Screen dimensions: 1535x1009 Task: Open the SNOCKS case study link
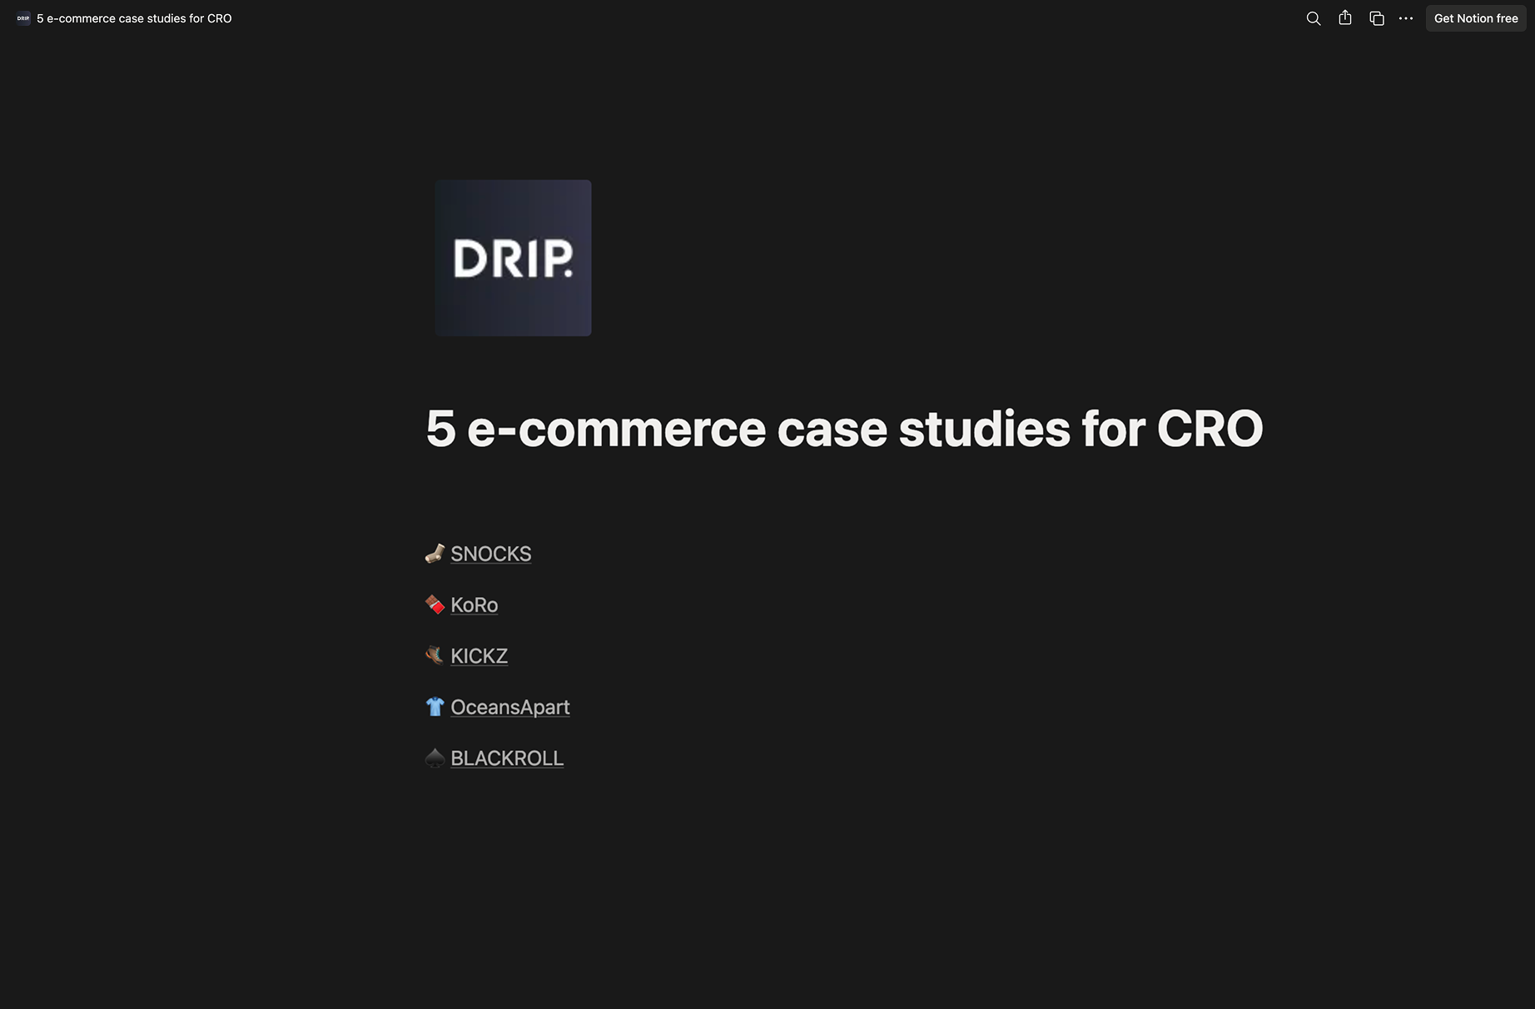tap(490, 554)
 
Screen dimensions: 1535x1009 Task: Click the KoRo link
tap(474, 604)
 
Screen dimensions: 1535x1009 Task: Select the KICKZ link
tap(479, 656)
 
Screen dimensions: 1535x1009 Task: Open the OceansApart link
tap(509, 707)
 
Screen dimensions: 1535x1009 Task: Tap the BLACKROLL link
tap(506, 758)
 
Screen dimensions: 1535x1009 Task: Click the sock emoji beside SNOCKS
tap(435, 554)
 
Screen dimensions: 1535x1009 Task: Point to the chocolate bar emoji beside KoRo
tap(435, 604)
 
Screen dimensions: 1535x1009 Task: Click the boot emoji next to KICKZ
tap(435, 656)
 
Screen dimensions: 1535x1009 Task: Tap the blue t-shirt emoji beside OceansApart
tap(435, 707)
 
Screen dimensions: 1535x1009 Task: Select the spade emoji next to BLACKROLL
tap(435, 758)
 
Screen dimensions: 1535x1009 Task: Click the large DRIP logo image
tap(513, 258)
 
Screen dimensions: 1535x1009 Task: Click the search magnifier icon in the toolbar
tap(1314, 18)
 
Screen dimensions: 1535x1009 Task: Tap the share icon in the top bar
tap(1345, 17)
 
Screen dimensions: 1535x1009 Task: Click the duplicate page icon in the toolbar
tap(1377, 18)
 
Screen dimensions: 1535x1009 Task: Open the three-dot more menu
tap(1406, 18)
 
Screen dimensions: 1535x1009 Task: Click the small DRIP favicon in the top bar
tap(23, 18)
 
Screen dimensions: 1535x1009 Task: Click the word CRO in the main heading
tap(1210, 429)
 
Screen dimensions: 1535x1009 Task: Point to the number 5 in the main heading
tap(440, 429)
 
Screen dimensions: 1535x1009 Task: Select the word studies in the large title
tap(984, 429)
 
